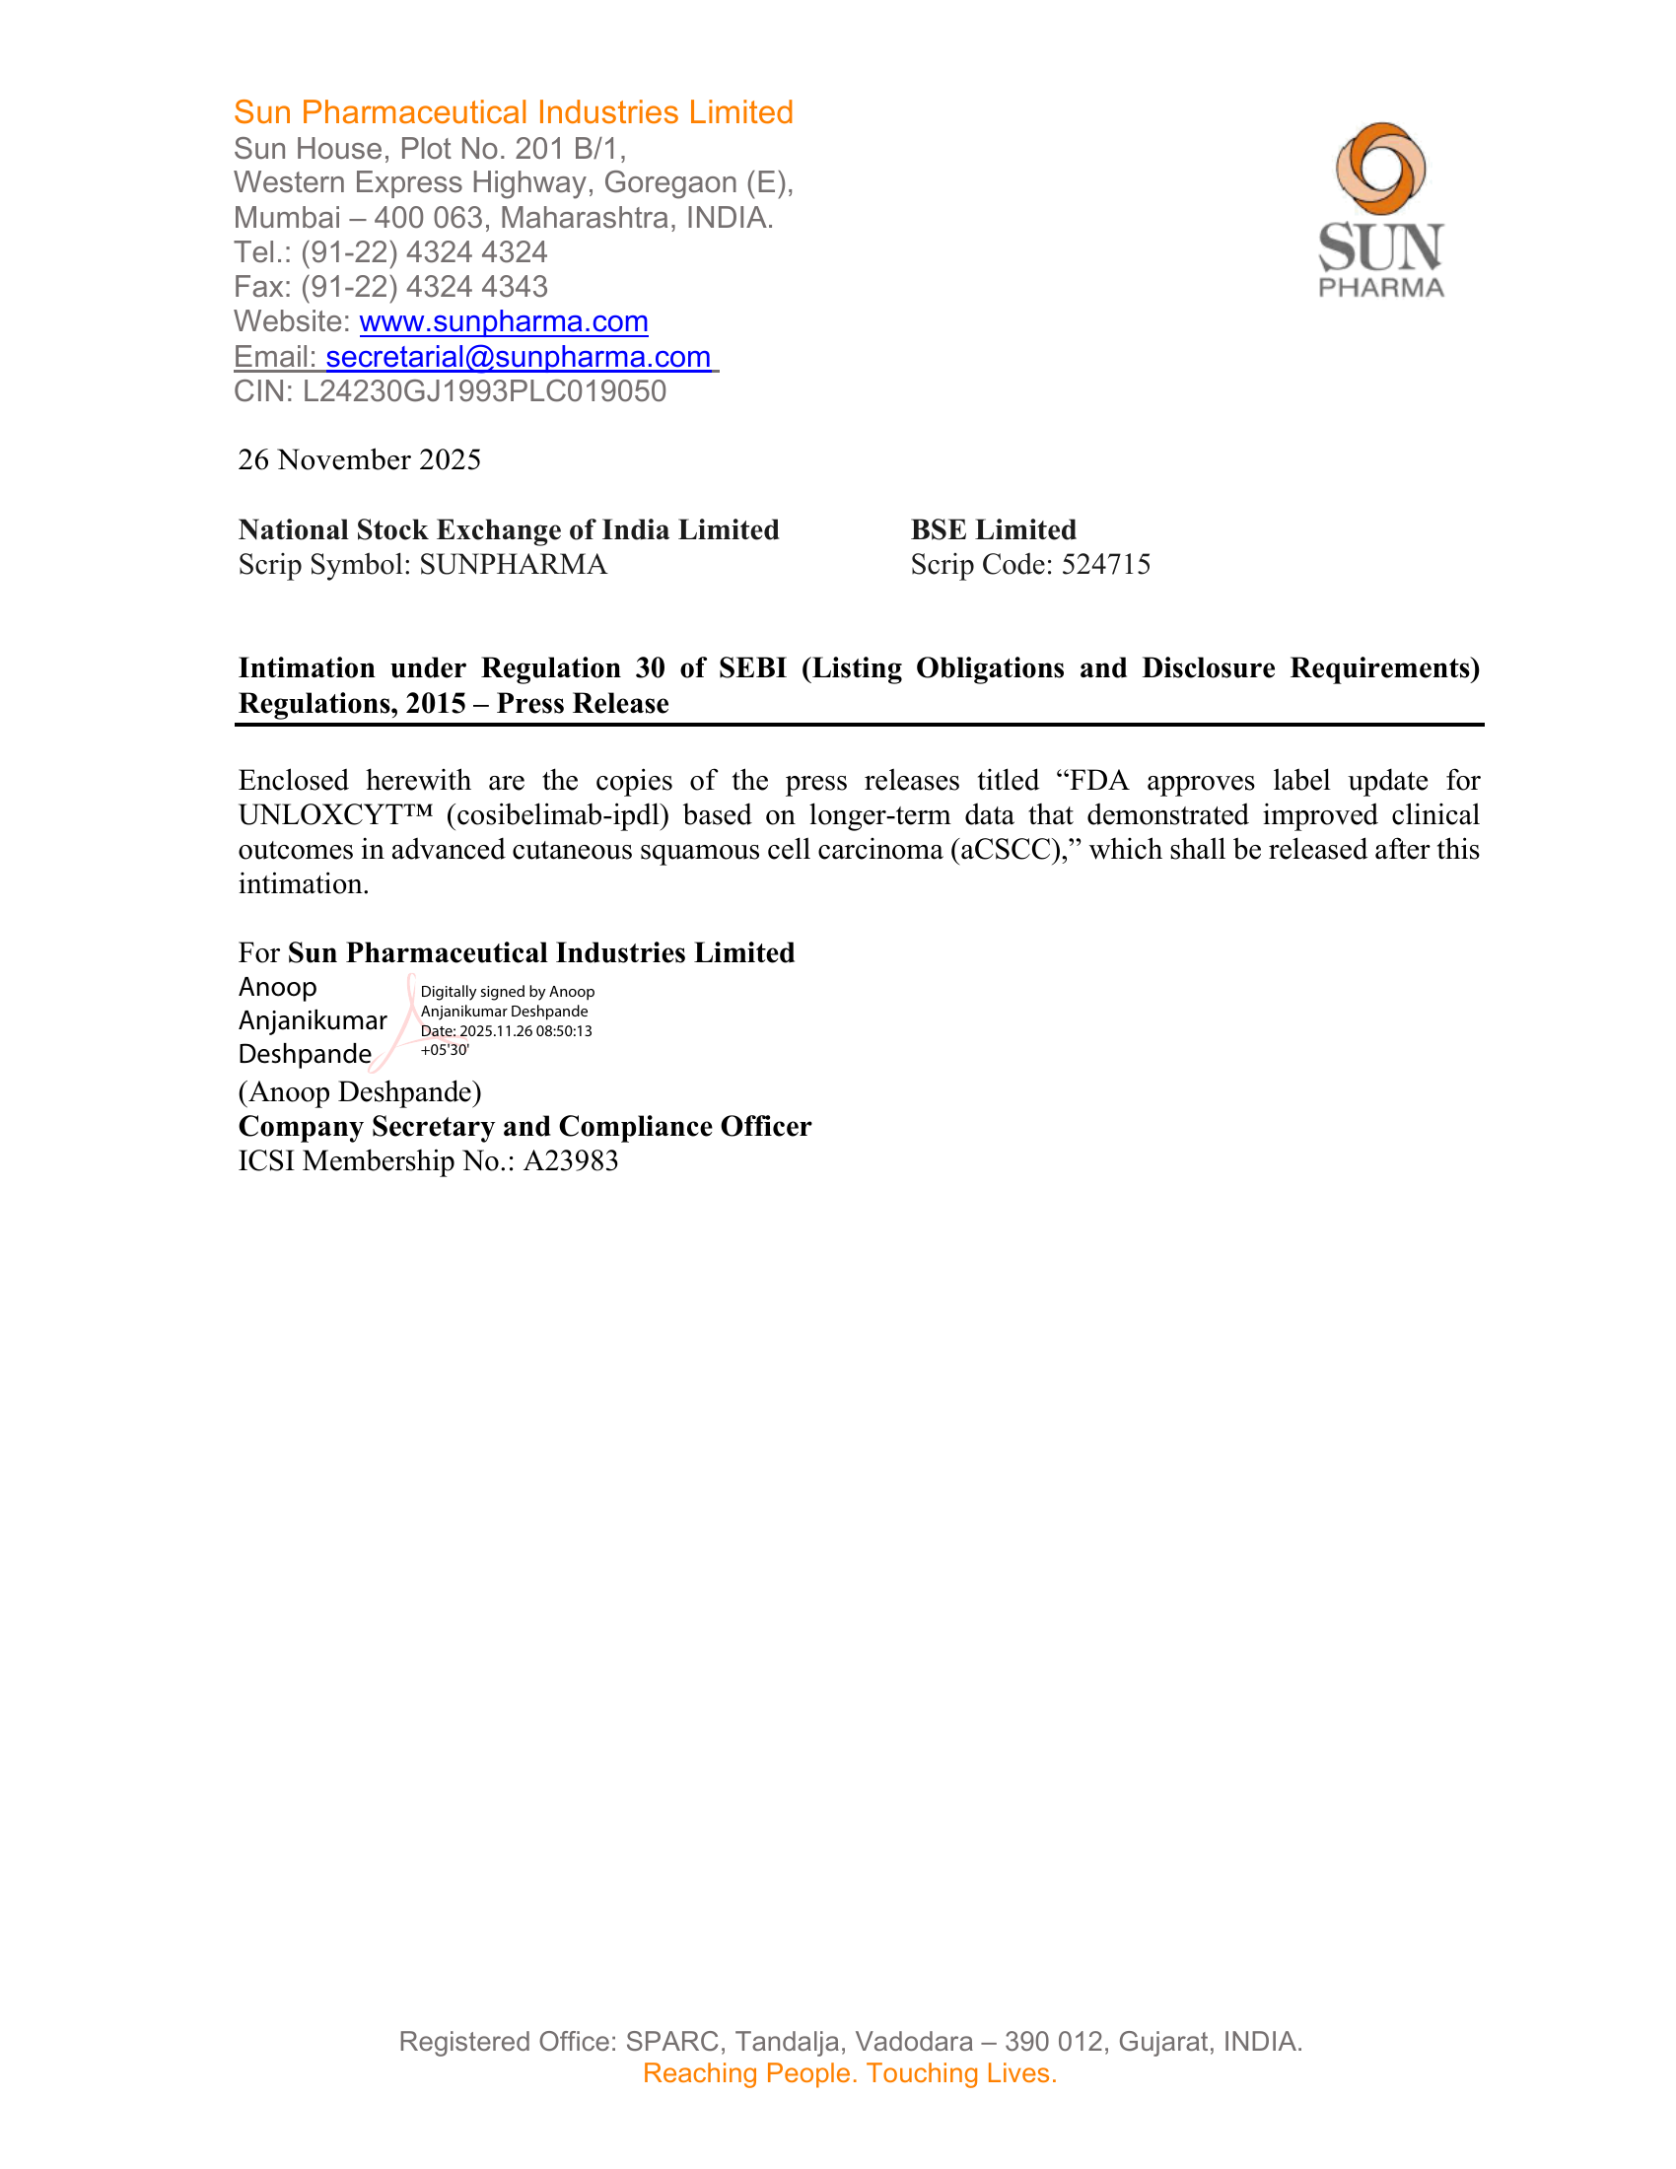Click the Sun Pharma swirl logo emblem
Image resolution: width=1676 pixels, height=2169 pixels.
coord(1380,168)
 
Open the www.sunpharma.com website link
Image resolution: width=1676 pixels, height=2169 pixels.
coord(504,321)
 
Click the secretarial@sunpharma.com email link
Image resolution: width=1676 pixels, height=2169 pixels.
coord(519,357)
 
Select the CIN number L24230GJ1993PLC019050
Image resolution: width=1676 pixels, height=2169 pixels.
coord(484,391)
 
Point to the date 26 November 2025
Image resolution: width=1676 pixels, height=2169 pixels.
coord(360,459)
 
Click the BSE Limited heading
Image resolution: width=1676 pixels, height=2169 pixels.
coord(993,529)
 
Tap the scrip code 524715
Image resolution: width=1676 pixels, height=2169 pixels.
coord(1106,564)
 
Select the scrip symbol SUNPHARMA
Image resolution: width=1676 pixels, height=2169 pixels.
coord(514,564)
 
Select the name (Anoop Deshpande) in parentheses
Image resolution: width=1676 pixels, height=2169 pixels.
coord(360,1092)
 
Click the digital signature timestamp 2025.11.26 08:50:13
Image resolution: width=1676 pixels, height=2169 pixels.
coord(525,1031)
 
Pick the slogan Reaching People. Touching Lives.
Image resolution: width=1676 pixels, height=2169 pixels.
coord(850,2073)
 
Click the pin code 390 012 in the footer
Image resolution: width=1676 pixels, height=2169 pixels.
coord(1054,2042)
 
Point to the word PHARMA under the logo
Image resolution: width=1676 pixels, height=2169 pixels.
coord(1381,288)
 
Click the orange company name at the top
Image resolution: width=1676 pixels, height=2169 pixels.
coord(514,112)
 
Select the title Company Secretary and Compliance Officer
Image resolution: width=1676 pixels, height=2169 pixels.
coord(524,1126)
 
